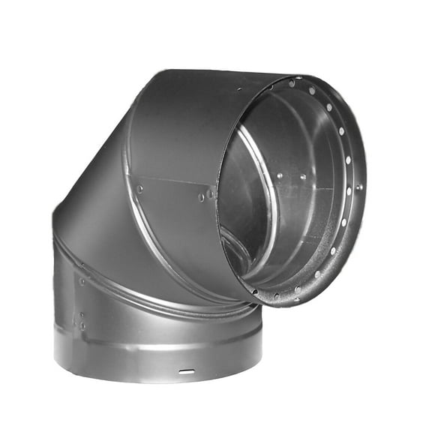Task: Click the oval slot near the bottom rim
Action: tap(187, 371)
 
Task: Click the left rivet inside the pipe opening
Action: tap(279, 176)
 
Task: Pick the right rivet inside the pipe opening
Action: tap(303, 177)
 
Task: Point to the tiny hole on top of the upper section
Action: tap(238, 89)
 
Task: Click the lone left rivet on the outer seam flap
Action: tap(139, 189)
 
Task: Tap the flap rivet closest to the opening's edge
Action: tap(210, 193)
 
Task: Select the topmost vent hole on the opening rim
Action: tap(292, 83)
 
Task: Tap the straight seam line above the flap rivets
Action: tap(173, 179)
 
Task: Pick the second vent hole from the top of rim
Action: tap(311, 91)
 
